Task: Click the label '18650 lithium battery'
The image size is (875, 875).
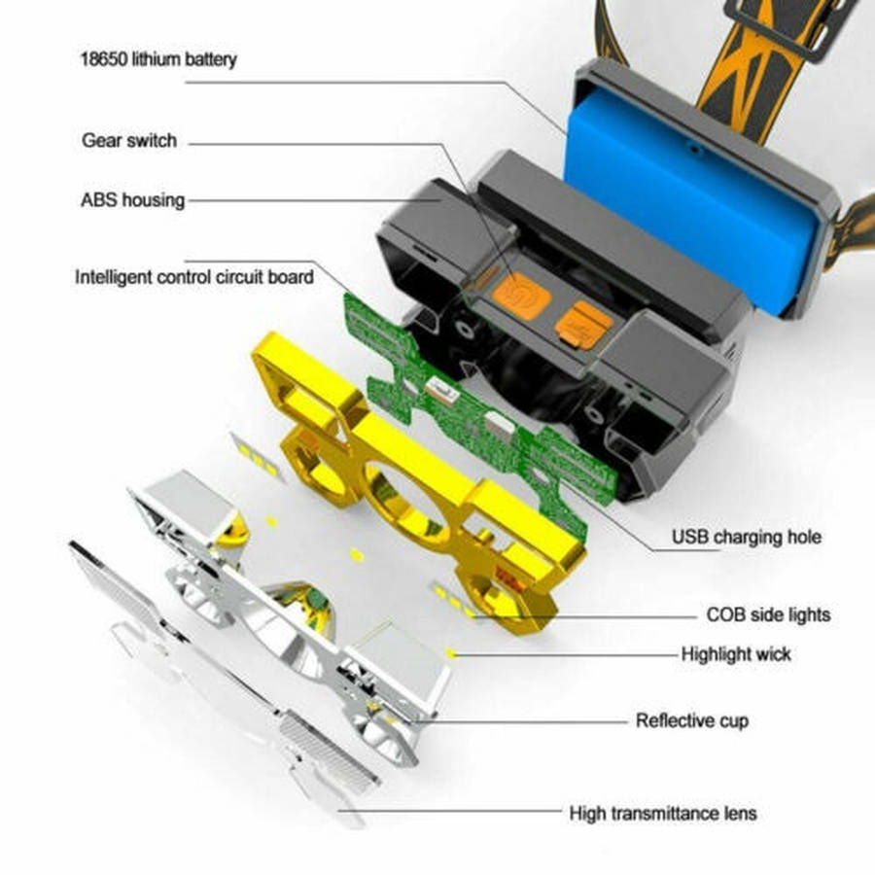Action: point(157,59)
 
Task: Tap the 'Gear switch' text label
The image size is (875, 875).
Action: point(129,141)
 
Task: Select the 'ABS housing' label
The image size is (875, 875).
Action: point(132,200)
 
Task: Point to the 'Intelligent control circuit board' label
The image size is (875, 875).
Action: point(194,277)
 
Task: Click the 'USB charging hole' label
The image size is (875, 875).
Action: point(746,537)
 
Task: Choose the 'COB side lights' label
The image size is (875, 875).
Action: point(768,615)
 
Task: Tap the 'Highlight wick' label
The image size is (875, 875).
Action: point(736,654)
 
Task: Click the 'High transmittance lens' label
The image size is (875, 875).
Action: point(663,812)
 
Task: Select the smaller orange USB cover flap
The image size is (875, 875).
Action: point(584,322)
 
